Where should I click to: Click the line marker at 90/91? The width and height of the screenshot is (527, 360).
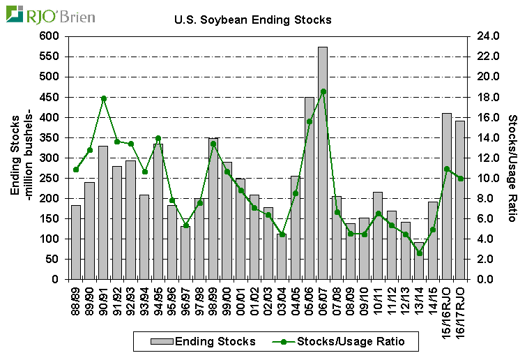tap(103, 98)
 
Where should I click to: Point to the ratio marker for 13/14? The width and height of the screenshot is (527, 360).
tap(419, 253)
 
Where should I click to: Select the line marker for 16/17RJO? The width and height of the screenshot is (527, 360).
tap(460, 179)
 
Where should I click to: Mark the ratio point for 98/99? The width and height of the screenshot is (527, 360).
tap(213, 144)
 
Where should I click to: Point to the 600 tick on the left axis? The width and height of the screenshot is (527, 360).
tap(51, 36)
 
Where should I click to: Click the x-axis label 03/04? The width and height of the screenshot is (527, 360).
tap(282, 301)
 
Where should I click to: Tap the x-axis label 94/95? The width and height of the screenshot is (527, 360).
tap(158, 301)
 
